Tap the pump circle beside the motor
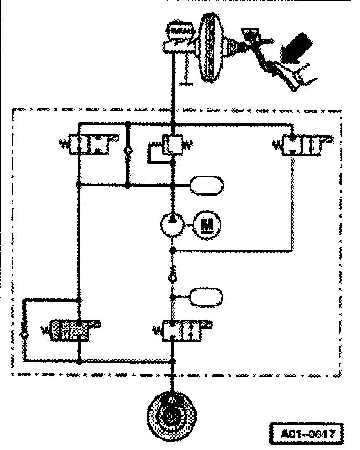pyautogui.click(x=172, y=223)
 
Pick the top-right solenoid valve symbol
pyautogui.click(x=303, y=145)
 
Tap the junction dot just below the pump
pyautogui.click(x=172, y=250)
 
